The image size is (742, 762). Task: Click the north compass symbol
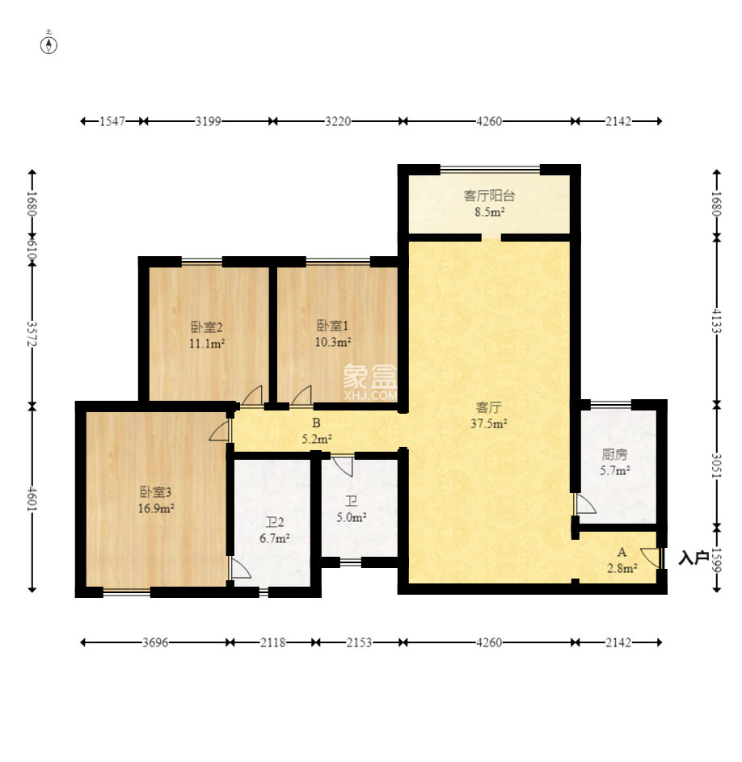(48, 45)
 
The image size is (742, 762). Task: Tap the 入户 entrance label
(693, 558)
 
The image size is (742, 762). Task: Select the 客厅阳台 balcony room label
(489, 196)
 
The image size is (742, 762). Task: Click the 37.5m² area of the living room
(489, 423)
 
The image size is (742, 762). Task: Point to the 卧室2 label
(207, 326)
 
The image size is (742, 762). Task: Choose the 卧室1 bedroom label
(332, 325)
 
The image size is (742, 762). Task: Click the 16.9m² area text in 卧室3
(156, 509)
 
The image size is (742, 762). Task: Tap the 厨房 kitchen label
(614, 454)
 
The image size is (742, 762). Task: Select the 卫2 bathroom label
(274, 523)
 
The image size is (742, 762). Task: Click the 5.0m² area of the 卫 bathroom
(352, 518)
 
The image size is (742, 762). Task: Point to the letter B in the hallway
(316, 423)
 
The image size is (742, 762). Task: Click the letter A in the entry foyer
(622, 552)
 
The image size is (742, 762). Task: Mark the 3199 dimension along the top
(208, 121)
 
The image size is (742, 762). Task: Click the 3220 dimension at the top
(338, 121)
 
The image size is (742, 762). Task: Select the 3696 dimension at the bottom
(155, 642)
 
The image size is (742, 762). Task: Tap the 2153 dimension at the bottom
(359, 642)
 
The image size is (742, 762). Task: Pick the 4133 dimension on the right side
(716, 322)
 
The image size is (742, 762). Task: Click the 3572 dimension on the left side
(32, 334)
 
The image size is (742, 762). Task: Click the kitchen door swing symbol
(585, 504)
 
